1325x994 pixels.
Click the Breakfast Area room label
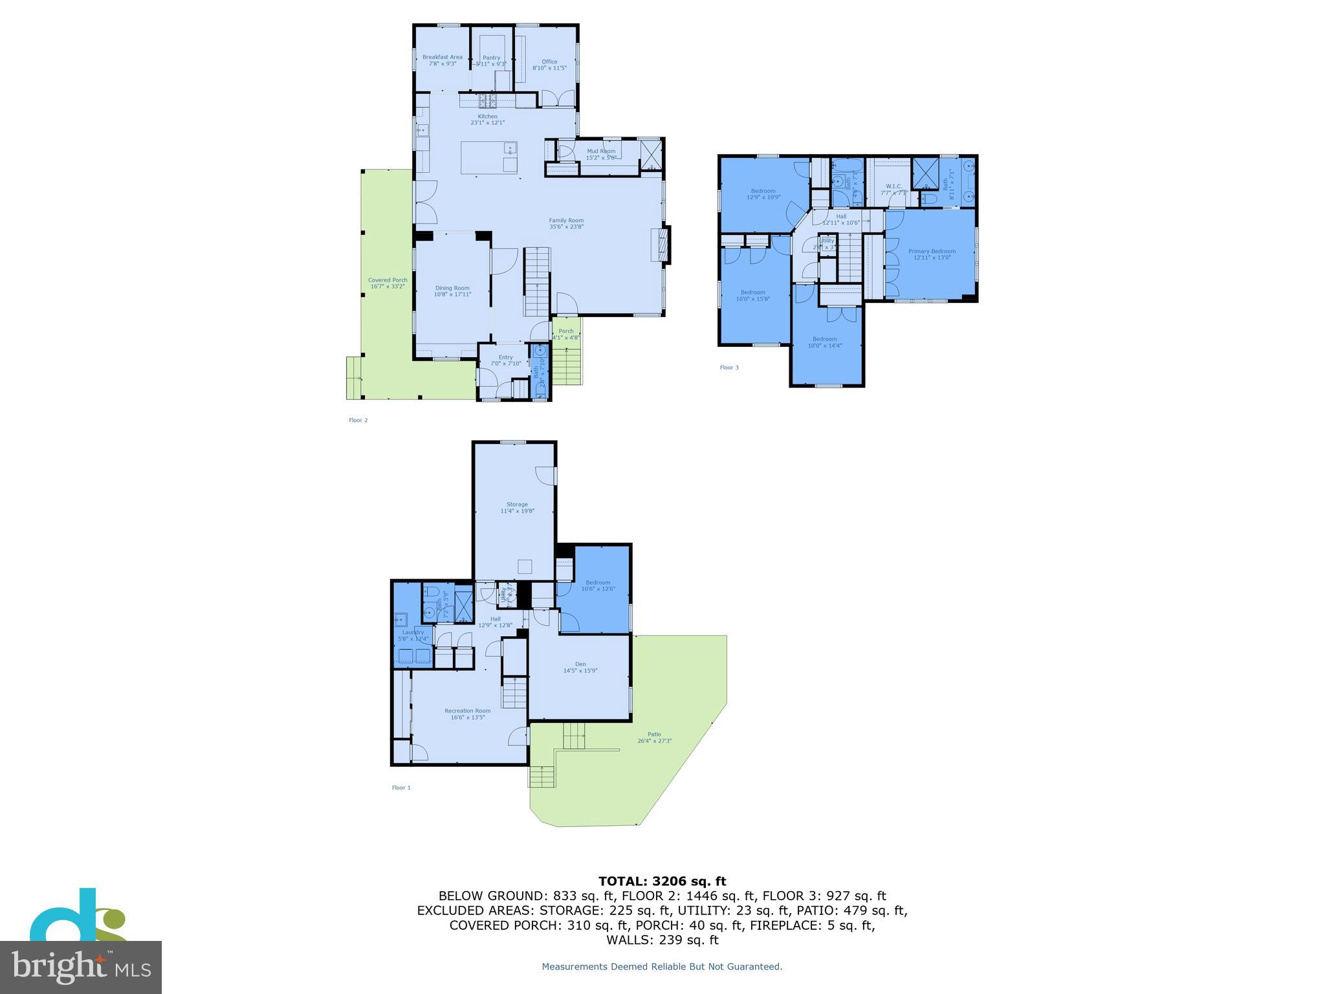tap(442, 57)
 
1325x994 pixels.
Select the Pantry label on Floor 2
tap(491, 58)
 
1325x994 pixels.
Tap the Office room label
tap(549, 61)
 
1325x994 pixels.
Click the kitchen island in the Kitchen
tap(489, 158)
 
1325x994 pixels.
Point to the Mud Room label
tap(601, 151)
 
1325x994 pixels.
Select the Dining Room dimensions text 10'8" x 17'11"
tap(452, 294)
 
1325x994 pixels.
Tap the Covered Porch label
tap(388, 280)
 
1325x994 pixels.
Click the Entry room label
tap(505, 357)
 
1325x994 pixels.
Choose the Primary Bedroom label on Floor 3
tap(932, 251)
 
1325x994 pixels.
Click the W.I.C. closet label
tap(893, 186)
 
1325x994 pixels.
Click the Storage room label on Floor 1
tap(517, 504)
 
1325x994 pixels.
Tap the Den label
tap(580, 664)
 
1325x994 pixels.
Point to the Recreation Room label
tap(467, 711)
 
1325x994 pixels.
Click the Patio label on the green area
tap(654, 734)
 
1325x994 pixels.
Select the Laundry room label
tap(413, 632)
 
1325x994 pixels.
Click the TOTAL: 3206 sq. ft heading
tap(662, 881)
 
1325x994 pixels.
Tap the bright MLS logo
tap(80, 967)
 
